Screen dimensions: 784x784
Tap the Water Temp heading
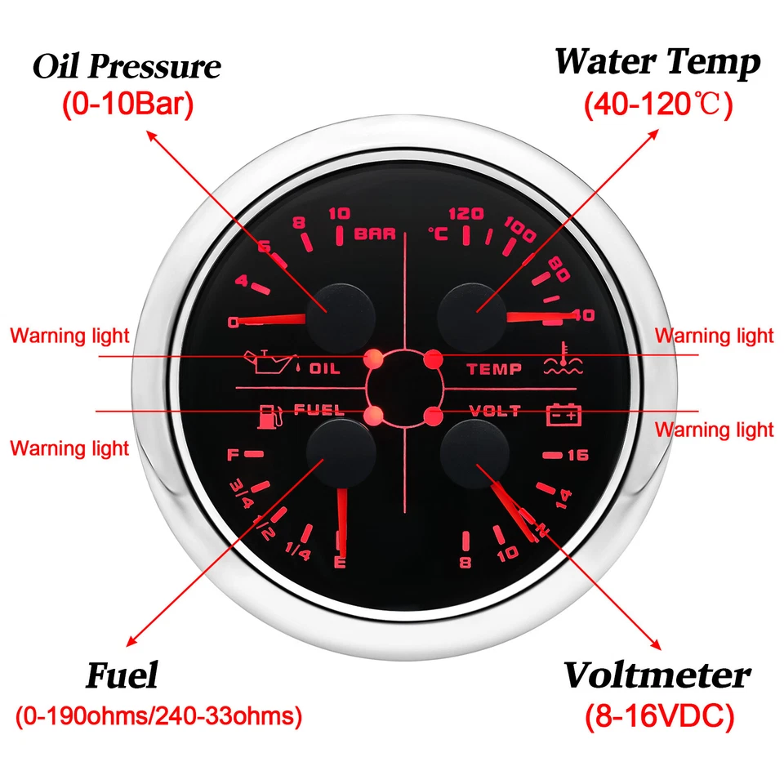[x=657, y=62]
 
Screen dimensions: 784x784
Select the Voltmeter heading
[x=657, y=675]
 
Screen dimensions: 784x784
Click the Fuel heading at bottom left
[x=122, y=676]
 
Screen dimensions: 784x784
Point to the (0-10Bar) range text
[x=127, y=107]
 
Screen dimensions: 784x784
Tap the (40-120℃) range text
[x=657, y=105]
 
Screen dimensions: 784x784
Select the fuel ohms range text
[x=158, y=717]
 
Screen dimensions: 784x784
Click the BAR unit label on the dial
[x=375, y=234]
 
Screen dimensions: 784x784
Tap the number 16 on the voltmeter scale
[x=577, y=455]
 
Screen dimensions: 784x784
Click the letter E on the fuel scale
[x=340, y=562]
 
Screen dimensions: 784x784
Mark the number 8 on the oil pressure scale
[x=300, y=223]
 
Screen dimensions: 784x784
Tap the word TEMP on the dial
[x=493, y=369]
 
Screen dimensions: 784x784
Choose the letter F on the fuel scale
[x=234, y=453]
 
